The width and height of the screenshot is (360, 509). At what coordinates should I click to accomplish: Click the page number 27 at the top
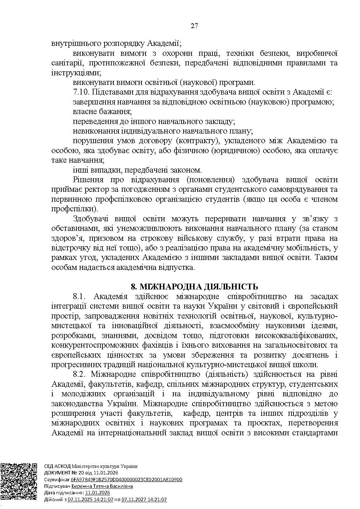click(194, 26)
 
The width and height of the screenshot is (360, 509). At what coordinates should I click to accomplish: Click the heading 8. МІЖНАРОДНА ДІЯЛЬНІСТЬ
click(194, 286)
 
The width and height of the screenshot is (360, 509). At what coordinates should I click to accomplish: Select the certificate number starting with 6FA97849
click(126, 480)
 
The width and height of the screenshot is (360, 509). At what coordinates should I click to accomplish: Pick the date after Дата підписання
click(98, 493)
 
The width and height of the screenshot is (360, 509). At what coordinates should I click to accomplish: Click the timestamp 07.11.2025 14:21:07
click(90, 499)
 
